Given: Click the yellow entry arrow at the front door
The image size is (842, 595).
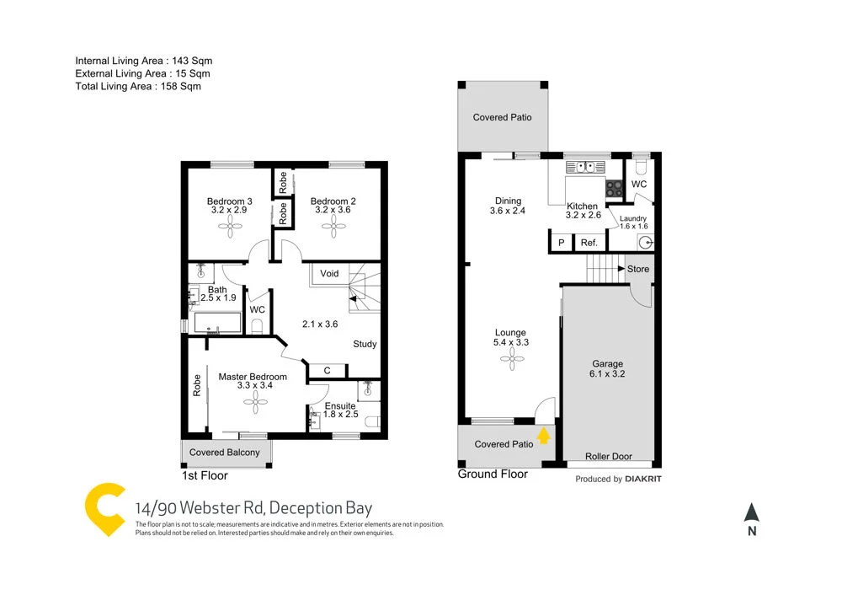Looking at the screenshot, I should pyautogui.click(x=544, y=436).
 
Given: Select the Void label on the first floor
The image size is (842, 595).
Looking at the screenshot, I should pyautogui.click(x=329, y=274).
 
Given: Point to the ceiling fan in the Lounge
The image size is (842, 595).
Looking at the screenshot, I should pyautogui.click(x=510, y=360).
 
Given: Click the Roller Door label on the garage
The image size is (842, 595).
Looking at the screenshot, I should pyautogui.click(x=609, y=457).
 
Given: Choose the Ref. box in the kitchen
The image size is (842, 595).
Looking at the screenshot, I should pyautogui.click(x=589, y=243).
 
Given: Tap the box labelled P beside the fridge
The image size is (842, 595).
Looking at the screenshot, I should pyautogui.click(x=561, y=243).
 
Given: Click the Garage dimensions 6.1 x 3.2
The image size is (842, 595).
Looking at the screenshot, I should pyautogui.click(x=607, y=373).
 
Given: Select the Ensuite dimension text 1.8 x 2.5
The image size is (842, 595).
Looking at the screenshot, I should pyautogui.click(x=341, y=415).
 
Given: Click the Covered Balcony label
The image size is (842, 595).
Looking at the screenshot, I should pyautogui.click(x=225, y=453).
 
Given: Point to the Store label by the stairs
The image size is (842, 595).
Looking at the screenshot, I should pyautogui.click(x=638, y=270).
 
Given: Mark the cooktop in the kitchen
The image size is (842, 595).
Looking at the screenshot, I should pyautogui.click(x=614, y=190).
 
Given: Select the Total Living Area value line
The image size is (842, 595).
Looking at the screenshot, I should pyautogui.click(x=138, y=86).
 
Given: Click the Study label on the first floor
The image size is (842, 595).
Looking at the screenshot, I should pyautogui.click(x=365, y=344).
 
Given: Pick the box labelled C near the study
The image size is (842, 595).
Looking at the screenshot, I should pyautogui.click(x=327, y=370).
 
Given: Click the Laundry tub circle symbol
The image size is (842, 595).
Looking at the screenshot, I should pyautogui.click(x=645, y=243).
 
